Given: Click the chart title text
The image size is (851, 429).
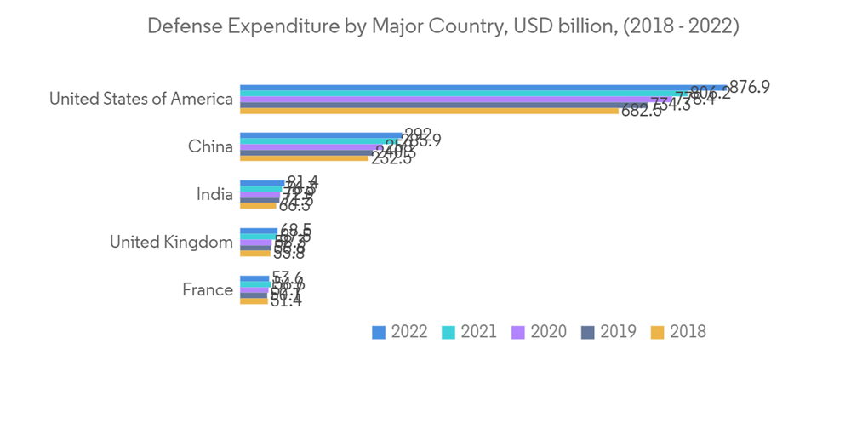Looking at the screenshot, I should coord(443,26).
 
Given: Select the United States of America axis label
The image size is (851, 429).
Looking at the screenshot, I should coord(140,99).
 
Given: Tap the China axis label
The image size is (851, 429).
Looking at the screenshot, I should coord(210,146).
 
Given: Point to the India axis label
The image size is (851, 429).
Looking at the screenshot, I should coord(214,194).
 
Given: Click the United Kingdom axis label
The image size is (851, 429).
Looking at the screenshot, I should coord(171,242).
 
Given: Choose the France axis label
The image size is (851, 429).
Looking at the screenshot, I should coord(208,289).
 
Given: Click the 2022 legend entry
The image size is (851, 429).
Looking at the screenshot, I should coord(400,332).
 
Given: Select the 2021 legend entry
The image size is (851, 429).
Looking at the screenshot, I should coord(469,332).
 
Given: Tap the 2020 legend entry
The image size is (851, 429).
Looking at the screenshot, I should coord(539,332).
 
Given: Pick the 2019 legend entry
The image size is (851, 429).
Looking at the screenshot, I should coord(608,332).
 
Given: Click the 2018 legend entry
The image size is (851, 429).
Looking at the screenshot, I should coord(678,332).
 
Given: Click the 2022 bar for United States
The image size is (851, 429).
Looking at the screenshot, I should coord(477,88).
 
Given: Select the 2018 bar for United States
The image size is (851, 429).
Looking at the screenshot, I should coord(425,111).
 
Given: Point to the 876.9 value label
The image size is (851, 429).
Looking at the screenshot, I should coord(750,87).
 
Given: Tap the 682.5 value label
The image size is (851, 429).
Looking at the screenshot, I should coord(642,112).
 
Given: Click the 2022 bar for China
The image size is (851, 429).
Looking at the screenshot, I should coord(319,135).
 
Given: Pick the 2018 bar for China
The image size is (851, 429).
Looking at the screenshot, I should coord(303,158).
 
